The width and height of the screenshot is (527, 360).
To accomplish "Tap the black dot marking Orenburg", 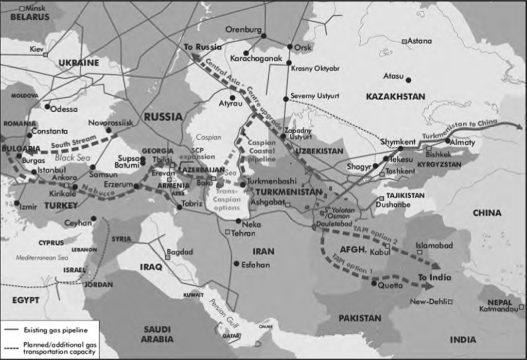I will [263, 36].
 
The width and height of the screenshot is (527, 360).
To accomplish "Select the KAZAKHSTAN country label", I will [395, 96].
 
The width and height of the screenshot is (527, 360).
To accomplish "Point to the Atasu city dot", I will [408, 80].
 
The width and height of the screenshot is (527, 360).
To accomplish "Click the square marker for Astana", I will [405, 41].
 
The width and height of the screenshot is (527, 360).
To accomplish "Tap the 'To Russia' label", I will [203, 47].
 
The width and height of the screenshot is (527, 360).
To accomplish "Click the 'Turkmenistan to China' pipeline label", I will [460, 129].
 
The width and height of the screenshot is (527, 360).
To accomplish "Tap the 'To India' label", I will [434, 277].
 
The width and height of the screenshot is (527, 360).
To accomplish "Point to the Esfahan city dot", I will [236, 264].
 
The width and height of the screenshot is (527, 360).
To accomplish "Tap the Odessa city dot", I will [47, 107].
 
